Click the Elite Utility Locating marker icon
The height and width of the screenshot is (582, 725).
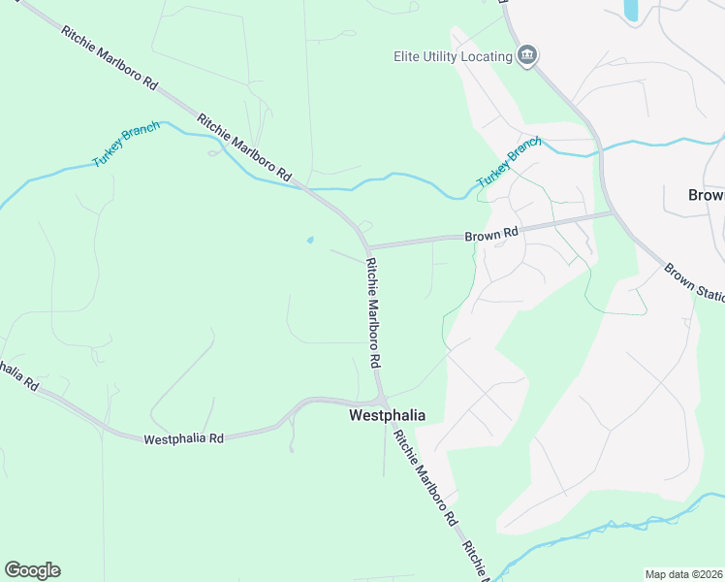(x=527, y=55)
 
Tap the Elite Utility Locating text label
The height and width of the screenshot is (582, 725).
(x=453, y=56)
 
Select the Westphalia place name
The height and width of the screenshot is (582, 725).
(x=387, y=415)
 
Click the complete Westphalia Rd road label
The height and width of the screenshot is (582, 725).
(x=183, y=438)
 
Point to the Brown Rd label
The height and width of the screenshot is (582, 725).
(x=492, y=234)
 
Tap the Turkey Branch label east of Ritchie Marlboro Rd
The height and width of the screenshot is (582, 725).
(x=507, y=162)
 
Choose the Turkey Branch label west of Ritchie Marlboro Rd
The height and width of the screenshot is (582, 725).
(x=126, y=145)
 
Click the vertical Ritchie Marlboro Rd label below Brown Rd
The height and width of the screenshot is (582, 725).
(x=373, y=311)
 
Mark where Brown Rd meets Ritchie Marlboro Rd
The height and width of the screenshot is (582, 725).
(x=366, y=246)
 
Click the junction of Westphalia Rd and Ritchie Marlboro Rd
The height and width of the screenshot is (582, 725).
(x=382, y=400)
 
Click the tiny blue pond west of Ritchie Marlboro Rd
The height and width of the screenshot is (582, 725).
(x=309, y=240)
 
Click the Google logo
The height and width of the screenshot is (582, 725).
(x=32, y=570)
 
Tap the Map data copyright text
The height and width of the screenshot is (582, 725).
(x=682, y=574)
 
